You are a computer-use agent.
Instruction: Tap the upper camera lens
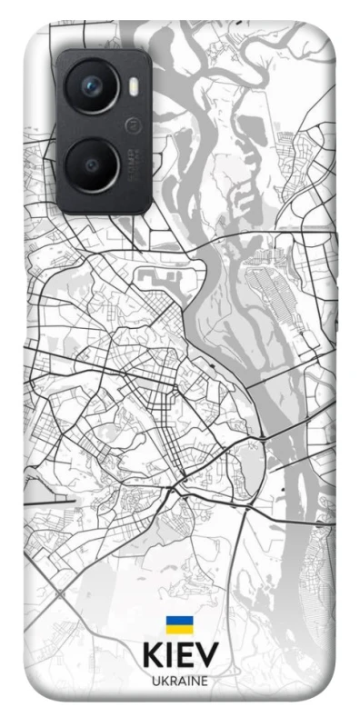[x=92, y=86]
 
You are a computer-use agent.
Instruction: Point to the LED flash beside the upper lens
[x=135, y=86]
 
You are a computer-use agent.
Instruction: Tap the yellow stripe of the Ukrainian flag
[x=178, y=629]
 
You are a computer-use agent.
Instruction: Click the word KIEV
[x=179, y=657]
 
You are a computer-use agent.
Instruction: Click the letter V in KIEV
[x=208, y=657]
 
